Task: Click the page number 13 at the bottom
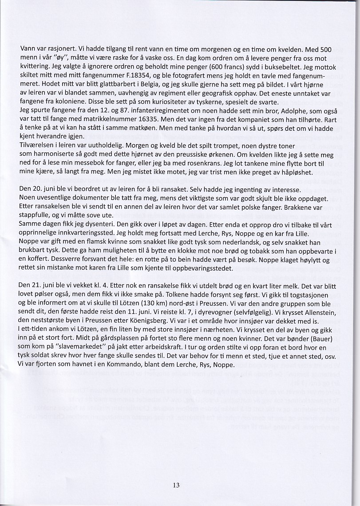[176, 485]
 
